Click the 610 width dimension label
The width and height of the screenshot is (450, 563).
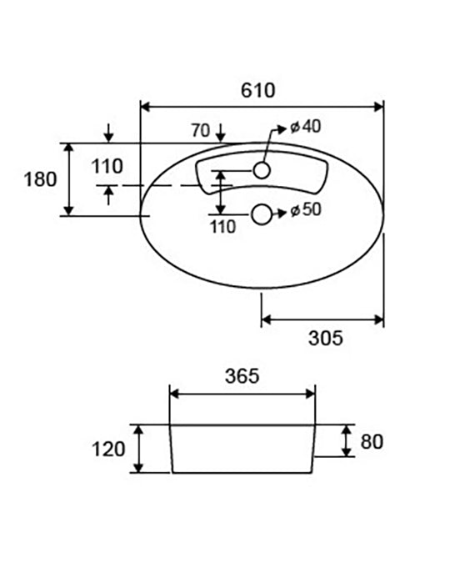pos(258,90)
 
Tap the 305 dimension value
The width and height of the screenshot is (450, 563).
pos(326,339)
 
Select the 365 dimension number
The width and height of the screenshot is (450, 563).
pos(242,376)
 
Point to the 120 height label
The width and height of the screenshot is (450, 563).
pos(108,450)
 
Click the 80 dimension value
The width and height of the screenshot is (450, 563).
pos(372,441)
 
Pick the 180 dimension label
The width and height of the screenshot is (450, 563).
pos(40,179)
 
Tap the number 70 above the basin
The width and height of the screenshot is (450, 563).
pos(200,130)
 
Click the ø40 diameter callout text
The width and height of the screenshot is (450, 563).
pos(305,127)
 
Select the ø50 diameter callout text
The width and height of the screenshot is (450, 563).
pos(306,209)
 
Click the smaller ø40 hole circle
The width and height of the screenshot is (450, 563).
pos(262,170)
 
